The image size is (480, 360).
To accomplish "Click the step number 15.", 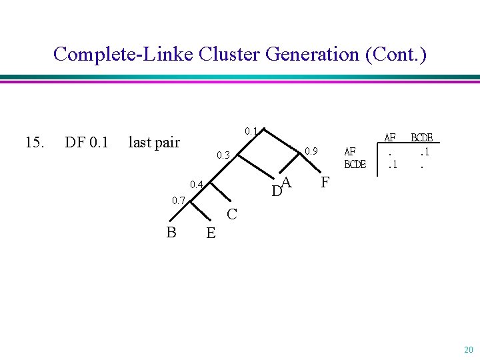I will coord(35,143).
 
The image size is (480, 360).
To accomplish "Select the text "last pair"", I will coord(154,143).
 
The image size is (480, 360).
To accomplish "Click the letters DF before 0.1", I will coord(75,143).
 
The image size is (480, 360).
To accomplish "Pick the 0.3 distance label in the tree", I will coord(223,156).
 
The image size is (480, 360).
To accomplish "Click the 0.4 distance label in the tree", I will coord(196,184).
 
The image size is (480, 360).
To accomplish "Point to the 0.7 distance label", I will coord(178,200).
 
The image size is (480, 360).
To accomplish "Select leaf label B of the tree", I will coord(171,232).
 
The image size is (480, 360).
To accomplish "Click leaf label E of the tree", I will coord(211,233).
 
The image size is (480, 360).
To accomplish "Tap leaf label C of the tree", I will coord(232,215).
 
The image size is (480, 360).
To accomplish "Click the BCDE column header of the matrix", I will coord(421,138).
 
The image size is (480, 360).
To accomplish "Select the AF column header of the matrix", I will coord(390,138).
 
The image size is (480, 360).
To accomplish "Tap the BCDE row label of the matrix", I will coord(355,165).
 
